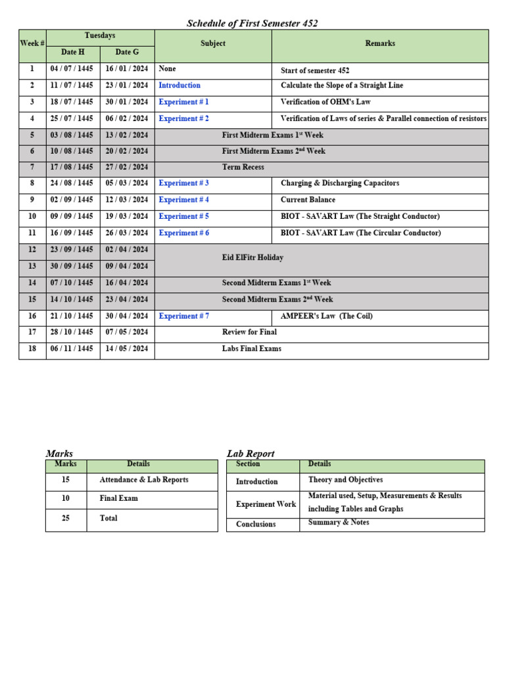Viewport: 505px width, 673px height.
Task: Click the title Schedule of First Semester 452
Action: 252,24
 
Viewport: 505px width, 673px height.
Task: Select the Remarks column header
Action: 380,43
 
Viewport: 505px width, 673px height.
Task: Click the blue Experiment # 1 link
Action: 183,102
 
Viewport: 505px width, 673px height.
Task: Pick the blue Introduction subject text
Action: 180,85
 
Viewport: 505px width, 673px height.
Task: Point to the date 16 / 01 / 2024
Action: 127,69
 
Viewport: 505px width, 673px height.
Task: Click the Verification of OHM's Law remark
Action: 325,102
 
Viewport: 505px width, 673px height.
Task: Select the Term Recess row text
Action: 243,167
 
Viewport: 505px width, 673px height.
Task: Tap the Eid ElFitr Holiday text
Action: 252,258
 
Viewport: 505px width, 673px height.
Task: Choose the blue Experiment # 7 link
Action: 183,316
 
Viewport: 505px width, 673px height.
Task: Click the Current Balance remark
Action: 308,200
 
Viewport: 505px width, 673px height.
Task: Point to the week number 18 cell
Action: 32,349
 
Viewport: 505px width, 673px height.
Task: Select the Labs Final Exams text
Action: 251,349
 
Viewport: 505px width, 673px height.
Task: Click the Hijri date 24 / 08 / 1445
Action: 72,183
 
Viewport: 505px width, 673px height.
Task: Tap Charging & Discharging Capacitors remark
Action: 339,183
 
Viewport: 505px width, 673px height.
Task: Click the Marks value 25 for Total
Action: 66,519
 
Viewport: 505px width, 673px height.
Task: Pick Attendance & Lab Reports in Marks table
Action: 143,480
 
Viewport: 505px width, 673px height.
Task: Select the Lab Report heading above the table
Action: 251,453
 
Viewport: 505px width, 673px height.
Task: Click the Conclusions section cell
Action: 256,524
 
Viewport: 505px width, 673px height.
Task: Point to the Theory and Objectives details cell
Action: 345,480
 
